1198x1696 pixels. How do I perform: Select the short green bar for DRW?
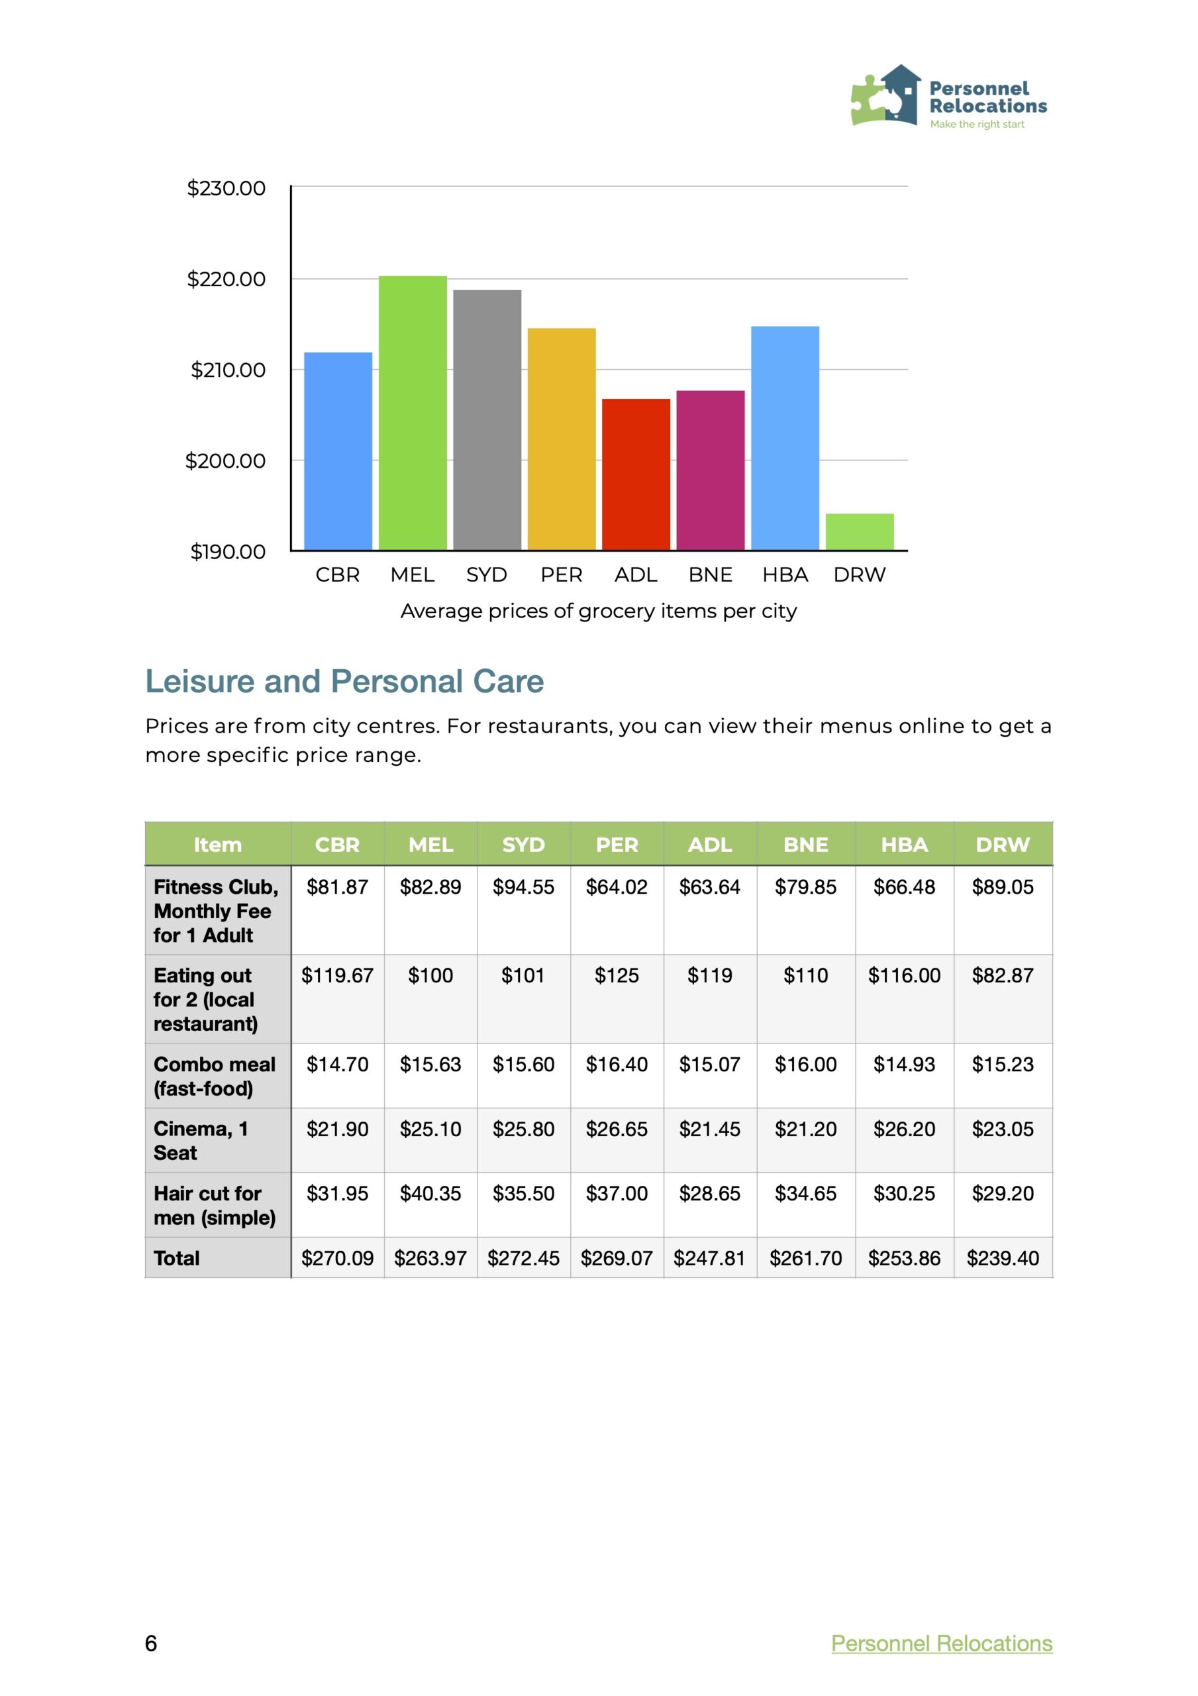[859, 531]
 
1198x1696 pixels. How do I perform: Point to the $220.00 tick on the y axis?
[226, 279]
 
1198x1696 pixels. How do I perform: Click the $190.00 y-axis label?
[228, 551]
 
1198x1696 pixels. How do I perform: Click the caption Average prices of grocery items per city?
[598, 611]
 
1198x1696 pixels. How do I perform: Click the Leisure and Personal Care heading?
[344, 681]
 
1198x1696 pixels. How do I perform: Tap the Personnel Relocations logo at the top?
[948, 97]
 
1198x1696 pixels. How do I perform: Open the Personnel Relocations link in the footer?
[941, 1643]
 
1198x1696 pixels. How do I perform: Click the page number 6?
[151, 1643]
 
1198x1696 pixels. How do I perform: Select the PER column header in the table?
[617, 844]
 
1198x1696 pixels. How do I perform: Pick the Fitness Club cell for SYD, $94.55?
[523, 886]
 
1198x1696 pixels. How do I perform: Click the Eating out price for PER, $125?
[617, 975]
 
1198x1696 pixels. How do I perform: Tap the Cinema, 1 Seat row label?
[201, 1141]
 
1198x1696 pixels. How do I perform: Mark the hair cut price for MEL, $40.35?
[430, 1194]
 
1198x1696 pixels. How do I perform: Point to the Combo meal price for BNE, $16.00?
[805, 1065]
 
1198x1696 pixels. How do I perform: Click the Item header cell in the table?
[217, 844]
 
